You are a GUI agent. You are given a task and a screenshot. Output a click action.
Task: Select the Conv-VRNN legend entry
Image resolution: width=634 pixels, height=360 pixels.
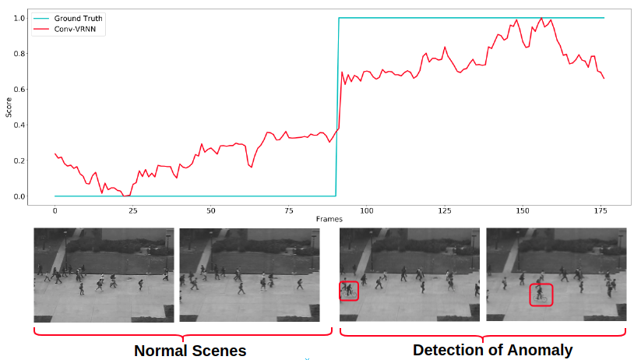pos(70,29)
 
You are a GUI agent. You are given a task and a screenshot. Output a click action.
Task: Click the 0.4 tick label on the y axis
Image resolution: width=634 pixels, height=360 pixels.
pos(19,125)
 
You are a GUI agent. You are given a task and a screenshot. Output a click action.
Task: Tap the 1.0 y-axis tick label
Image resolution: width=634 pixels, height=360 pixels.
pos(19,18)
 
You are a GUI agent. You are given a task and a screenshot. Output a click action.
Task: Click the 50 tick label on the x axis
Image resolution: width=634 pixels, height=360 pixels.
pos(211,210)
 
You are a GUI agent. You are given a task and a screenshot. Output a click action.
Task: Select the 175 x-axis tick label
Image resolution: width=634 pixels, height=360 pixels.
pos(601,210)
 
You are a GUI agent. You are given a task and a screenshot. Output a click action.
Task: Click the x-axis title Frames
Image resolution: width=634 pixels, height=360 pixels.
pos(329,220)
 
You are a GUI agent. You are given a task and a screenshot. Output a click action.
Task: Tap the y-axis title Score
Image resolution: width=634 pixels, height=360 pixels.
pos(9,107)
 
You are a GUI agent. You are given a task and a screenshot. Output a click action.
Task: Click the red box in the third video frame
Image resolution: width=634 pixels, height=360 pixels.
pos(349,291)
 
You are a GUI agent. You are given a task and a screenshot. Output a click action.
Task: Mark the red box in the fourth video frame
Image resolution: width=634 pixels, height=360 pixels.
pos(541,295)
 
